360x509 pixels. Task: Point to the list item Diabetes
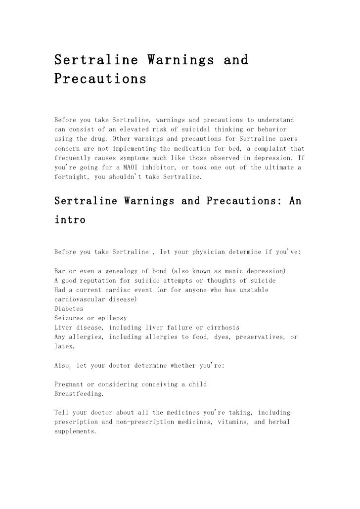click(x=69, y=308)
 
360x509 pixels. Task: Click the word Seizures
click(x=69, y=317)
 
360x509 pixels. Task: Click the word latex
click(x=64, y=346)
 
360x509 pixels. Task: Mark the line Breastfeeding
click(x=78, y=393)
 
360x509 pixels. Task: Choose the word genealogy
click(x=127, y=271)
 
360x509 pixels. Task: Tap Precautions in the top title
click(x=100, y=79)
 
